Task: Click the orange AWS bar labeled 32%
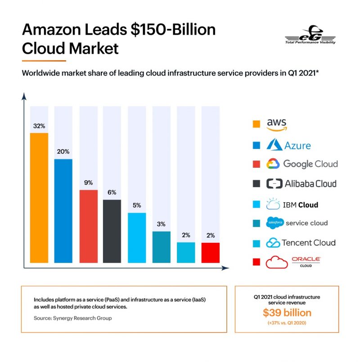point(39,198)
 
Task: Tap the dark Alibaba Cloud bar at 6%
point(112,231)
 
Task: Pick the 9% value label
point(88,183)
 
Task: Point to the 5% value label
point(137,206)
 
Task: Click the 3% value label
point(161,224)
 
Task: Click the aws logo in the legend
point(277,124)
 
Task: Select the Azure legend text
point(297,145)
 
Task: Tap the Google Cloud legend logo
point(273,164)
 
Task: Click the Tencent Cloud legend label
point(308,243)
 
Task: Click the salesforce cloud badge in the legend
point(274,223)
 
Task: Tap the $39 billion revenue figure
point(287,313)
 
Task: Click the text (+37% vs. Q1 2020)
point(287,323)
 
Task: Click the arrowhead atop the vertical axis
point(24,96)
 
